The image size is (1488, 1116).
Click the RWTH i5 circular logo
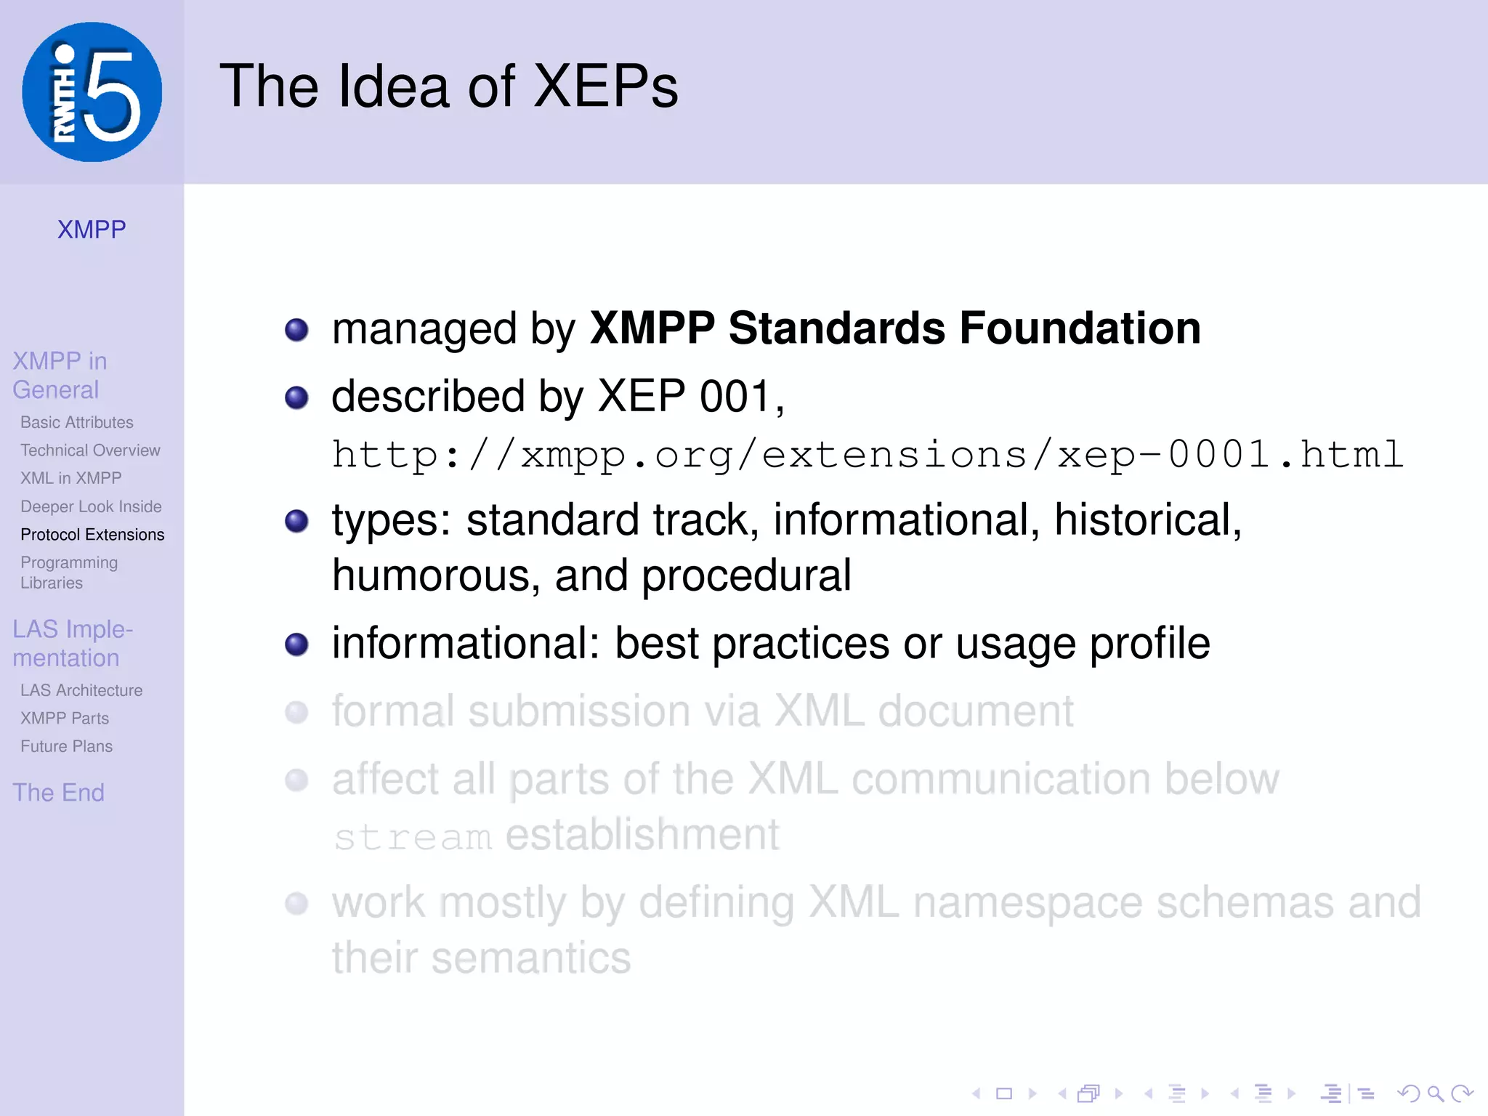click(92, 92)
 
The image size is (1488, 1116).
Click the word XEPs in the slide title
click(605, 86)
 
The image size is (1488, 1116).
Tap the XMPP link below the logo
click(92, 230)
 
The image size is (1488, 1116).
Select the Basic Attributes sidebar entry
click(77, 422)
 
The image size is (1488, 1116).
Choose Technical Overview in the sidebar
click(90, 450)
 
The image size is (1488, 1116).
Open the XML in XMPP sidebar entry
click(71, 478)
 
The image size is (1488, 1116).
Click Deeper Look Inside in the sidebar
click(91, 506)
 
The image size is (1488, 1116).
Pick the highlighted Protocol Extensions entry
click(92, 535)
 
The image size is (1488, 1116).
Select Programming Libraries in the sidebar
click(69, 573)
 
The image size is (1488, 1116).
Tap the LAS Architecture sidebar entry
click(81, 690)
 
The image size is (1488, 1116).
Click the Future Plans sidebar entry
click(66, 746)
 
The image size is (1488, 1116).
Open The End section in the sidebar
click(58, 793)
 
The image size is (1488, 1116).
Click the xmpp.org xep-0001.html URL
click(868, 456)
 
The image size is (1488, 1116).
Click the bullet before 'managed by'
click(296, 330)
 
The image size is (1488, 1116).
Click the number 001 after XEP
click(735, 397)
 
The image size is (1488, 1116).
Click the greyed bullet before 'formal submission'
click(296, 712)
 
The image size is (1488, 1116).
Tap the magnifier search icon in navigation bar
click(1435, 1093)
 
